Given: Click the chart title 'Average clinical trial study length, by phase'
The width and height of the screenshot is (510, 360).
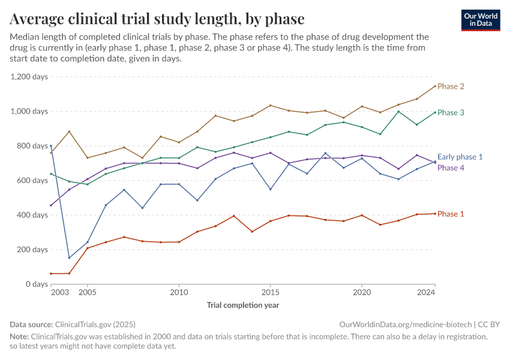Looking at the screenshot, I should (x=157, y=19).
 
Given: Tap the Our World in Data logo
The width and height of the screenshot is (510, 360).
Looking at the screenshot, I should (x=480, y=20).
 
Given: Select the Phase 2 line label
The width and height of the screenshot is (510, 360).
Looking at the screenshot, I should (x=451, y=86).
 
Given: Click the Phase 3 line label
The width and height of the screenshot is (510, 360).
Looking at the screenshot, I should (x=451, y=113).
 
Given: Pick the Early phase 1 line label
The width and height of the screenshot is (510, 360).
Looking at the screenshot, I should (x=460, y=157).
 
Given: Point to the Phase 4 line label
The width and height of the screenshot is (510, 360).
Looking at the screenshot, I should (x=451, y=168).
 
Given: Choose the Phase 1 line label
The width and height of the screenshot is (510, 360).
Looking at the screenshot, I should (x=451, y=214).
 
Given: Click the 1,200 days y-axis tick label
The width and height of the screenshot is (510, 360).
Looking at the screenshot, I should (x=28, y=77).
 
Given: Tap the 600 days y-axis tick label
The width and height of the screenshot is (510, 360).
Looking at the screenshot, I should (x=32, y=181).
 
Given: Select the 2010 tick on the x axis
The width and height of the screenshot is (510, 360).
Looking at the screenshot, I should (x=179, y=293).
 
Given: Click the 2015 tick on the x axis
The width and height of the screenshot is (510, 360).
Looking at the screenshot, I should (x=270, y=293).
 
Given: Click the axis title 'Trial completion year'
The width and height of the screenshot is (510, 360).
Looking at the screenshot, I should (x=243, y=305).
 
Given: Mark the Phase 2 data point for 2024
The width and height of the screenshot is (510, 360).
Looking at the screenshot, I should (x=435, y=86).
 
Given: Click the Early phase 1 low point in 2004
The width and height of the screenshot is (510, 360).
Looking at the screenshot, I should (x=69, y=258).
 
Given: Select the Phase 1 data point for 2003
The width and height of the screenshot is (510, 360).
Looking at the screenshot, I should (x=51, y=274).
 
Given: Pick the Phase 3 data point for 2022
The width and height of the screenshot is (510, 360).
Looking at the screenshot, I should (x=398, y=112).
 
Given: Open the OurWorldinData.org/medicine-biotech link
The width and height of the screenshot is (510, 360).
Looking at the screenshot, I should (x=406, y=324).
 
